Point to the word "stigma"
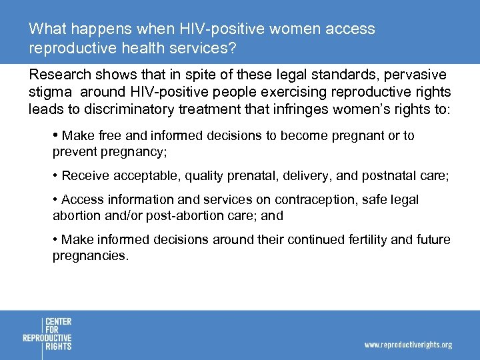pos(51,92)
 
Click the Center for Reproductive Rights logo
pos(47,334)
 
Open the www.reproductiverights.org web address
pos(407,345)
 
